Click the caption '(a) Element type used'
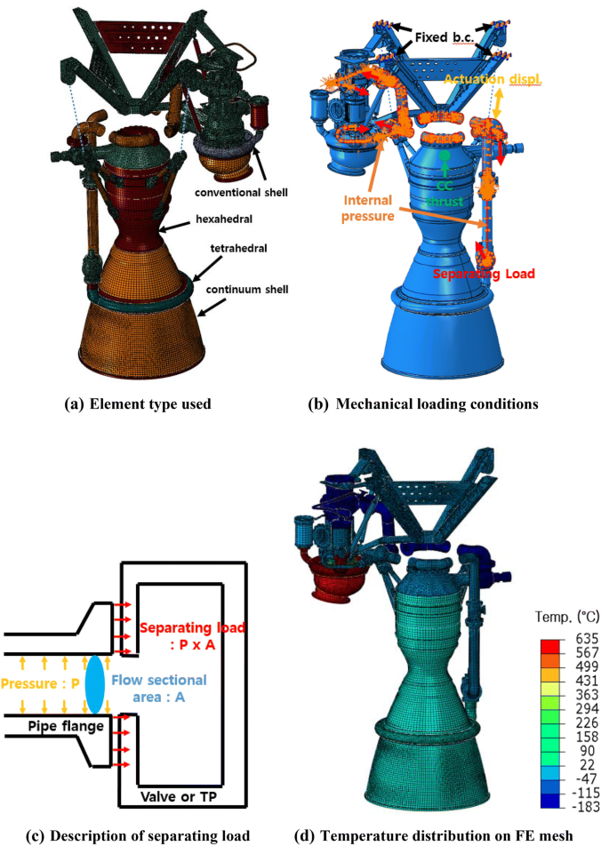[x=138, y=404]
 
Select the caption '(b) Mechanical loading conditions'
[x=437, y=404]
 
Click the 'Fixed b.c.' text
[x=442, y=40]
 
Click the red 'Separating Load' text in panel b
[x=485, y=275]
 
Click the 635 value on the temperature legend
[x=587, y=637]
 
